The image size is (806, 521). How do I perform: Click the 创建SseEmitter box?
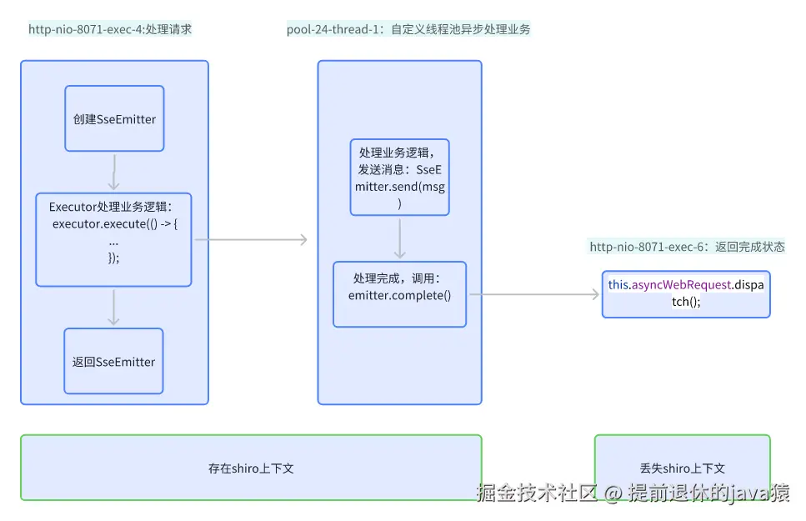coord(114,118)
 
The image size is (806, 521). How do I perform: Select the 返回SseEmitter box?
coord(113,362)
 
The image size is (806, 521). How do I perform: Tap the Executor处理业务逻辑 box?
coord(113,239)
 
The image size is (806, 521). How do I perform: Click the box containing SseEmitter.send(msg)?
coord(399,178)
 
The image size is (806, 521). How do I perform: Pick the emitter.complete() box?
coord(399,294)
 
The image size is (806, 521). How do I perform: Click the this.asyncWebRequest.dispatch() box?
coord(686,293)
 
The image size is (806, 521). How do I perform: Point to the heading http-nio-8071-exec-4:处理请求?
coord(110,30)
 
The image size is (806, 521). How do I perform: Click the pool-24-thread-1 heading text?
coord(408,30)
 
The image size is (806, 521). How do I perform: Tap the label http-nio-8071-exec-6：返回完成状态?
coord(687,247)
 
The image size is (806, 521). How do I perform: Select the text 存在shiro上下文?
coord(251,468)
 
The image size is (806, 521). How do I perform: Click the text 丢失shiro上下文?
coord(682,468)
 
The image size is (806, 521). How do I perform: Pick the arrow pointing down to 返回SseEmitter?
coord(114,307)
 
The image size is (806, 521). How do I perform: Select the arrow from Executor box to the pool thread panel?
coord(250,240)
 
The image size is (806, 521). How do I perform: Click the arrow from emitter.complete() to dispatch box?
coord(533,294)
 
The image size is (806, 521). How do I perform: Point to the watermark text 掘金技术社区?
coord(537,493)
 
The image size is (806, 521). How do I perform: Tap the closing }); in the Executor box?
coord(113,258)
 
